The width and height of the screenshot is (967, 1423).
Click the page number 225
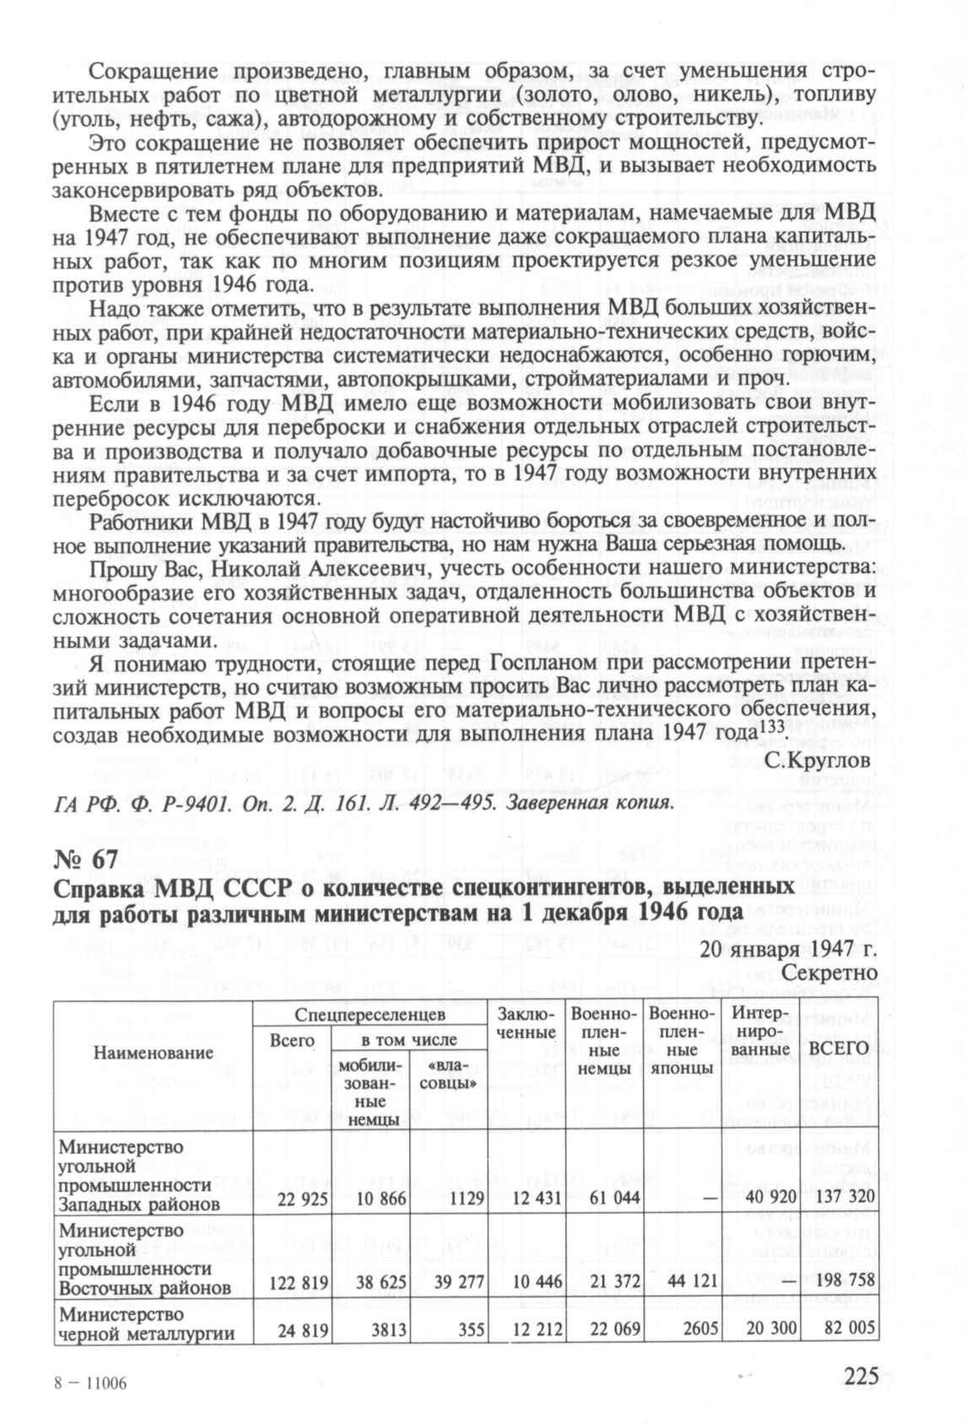862,1375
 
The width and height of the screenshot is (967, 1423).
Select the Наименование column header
153,1053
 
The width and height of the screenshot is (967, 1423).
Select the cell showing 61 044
604,1198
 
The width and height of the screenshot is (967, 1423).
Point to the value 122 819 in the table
297,1282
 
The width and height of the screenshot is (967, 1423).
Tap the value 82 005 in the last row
847,1329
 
